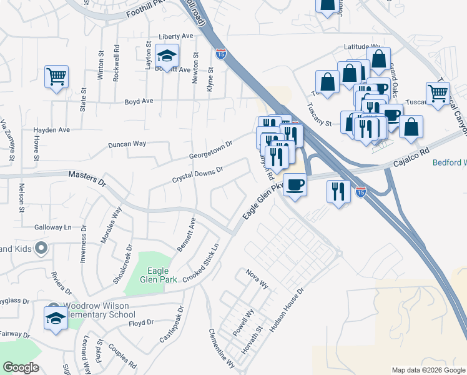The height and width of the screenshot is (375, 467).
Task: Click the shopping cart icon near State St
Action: click(x=56, y=77)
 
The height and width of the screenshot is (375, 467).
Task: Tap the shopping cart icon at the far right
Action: click(x=438, y=94)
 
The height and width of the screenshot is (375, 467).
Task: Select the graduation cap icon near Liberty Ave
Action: click(x=167, y=56)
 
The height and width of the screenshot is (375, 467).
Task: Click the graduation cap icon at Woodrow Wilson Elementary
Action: click(x=56, y=317)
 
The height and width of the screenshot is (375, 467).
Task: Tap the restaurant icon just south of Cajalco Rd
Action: click(x=338, y=192)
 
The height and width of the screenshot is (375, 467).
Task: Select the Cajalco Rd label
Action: click(x=412, y=160)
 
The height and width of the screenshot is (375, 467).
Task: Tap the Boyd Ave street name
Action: click(x=139, y=101)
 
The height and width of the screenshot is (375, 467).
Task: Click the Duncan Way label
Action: click(x=127, y=144)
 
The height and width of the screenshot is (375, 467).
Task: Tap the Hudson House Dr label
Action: click(x=286, y=309)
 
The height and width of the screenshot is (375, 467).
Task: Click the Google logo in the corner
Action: click(x=21, y=367)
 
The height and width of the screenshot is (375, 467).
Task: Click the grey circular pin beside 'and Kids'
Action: click(x=41, y=249)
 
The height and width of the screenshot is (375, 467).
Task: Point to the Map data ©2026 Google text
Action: click(x=428, y=370)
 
